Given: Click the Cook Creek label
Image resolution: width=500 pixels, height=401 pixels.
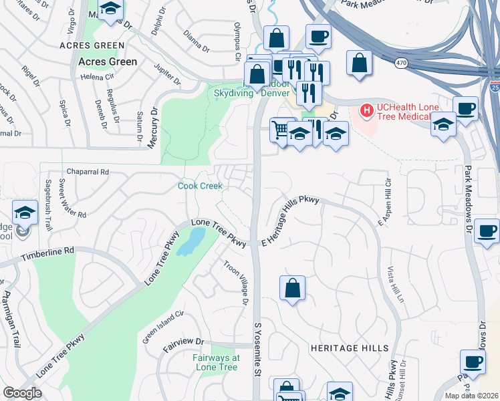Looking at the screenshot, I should pyautogui.click(x=201, y=186).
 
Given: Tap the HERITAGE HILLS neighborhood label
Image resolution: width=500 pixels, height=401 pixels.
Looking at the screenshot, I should pyautogui.click(x=349, y=348).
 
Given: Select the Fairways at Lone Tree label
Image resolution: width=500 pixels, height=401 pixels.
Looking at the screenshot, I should pyautogui.click(x=216, y=363).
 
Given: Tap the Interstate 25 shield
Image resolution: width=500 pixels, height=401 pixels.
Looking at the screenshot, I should pyautogui.click(x=493, y=86).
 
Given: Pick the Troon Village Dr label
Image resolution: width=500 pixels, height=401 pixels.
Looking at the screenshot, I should pyautogui.click(x=236, y=283).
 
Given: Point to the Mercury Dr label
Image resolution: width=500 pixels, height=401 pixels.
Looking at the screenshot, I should pyautogui.click(x=153, y=126).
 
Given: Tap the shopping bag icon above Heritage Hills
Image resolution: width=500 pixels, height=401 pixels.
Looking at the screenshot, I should pyautogui.click(x=292, y=288).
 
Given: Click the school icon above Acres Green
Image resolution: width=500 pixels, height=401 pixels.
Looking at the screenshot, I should pyautogui.click(x=111, y=11).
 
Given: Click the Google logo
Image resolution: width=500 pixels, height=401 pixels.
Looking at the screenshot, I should pyautogui.click(x=22, y=393).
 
